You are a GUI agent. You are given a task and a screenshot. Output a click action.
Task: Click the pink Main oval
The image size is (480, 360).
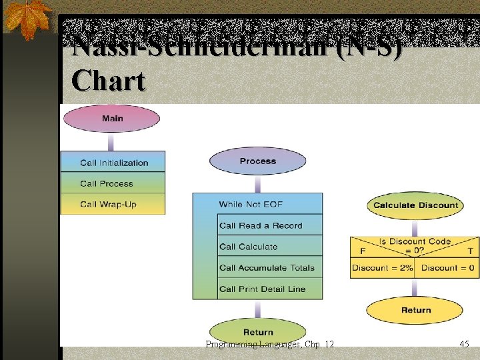click(x=112, y=119)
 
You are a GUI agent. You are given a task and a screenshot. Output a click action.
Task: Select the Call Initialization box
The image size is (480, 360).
click(x=113, y=162)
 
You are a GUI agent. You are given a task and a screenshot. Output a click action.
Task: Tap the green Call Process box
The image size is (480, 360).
click(x=113, y=183)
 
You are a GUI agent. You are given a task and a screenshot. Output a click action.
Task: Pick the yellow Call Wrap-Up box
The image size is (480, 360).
click(x=113, y=204)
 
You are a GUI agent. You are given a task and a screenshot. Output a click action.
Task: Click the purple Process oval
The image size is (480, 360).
click(x=258, y=161)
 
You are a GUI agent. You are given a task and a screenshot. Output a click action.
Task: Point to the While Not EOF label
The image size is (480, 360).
click(x=251, y=204)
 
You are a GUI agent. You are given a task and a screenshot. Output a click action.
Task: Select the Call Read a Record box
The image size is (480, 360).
click(x=269, y=225)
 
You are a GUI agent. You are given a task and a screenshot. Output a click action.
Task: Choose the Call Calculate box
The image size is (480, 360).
click(x=269, y=247)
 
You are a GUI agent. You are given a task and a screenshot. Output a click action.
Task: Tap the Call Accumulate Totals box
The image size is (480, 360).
click(x=269, y=268)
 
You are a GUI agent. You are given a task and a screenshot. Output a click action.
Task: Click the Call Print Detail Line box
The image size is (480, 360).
click(x=269, y=289)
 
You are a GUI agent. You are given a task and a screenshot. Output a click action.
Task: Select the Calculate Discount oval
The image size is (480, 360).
click(x=415, y=205)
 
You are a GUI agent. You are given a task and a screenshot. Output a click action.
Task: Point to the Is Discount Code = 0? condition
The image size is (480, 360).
click(x=415, y=245)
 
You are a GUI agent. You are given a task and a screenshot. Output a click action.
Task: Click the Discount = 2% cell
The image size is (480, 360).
click(x=382, y=268)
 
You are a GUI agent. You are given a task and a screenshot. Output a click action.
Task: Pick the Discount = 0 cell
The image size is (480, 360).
click(x=447, y=268)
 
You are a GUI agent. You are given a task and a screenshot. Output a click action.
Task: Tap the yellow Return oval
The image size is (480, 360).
click(x=415, y=310)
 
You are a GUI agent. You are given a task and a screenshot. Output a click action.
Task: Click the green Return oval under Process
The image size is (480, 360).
click(x=258, y=331)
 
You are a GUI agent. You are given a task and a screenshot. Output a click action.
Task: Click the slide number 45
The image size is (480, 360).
click(x=464, y=344)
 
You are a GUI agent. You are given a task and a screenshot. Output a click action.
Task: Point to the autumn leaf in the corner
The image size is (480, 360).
click(x=27, y=18)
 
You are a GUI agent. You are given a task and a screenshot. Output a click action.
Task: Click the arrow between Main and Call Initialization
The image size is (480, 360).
click(x=112, y=141)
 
